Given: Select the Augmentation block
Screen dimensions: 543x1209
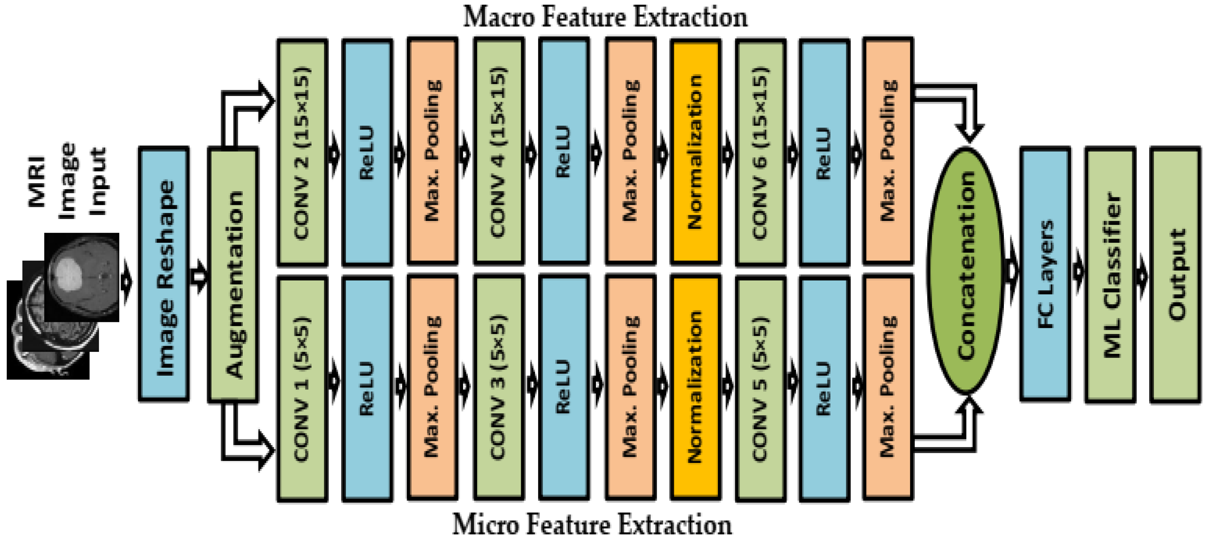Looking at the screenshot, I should tap(233, 274).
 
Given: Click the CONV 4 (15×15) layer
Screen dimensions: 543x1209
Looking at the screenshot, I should tap(499, 152).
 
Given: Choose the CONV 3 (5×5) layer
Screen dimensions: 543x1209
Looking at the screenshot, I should tap(499, 388).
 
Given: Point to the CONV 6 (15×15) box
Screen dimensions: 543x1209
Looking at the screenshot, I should tap(760, 152).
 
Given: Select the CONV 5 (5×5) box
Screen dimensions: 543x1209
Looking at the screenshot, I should tap(760, 388).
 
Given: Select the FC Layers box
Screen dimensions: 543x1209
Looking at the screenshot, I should tap(1045, 274).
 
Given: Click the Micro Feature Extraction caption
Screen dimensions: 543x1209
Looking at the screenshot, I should tap(592, 524).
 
